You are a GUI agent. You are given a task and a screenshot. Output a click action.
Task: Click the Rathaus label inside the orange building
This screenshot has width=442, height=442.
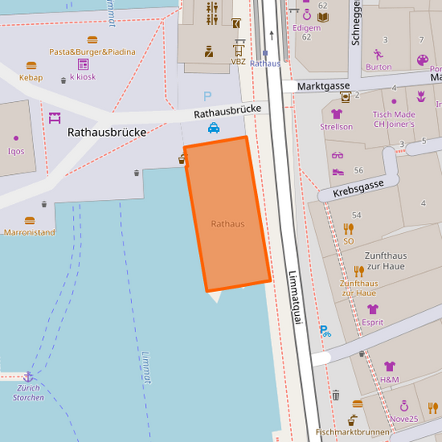(x=227, y=224)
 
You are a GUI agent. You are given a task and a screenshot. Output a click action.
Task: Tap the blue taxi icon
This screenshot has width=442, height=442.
(x=214, y=128)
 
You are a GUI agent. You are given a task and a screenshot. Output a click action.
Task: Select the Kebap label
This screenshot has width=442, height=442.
(x=31, y=78)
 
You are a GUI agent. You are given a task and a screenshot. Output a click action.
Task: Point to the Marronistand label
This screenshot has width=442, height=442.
(x=29, y=232)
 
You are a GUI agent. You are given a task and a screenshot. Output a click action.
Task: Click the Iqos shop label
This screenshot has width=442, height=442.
(x=16, y=151)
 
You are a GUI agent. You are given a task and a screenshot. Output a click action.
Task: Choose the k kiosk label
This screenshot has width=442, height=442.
(x=83, y=76)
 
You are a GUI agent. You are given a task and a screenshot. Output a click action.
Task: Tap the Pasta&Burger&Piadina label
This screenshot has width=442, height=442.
(x=92, y=51)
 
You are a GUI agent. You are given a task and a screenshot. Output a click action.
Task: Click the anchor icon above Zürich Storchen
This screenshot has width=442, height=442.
(x=28, y=376)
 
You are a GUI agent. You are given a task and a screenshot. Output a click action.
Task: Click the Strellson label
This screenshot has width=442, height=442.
(x=336, y=127)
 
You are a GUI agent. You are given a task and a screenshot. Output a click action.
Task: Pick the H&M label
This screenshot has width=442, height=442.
(x=389, y=379)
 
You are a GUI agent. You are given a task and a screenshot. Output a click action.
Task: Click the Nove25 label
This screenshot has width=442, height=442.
(x=404, y=419)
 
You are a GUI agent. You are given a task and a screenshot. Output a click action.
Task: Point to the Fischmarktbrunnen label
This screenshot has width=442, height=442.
(x=352, y=432)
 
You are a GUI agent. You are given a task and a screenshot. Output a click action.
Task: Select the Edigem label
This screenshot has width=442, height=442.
(x=306, y=27)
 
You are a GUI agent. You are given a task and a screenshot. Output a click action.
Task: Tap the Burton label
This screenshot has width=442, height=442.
(x=378, y=67)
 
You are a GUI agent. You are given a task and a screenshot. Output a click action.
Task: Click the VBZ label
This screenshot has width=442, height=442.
(x=238, y=61)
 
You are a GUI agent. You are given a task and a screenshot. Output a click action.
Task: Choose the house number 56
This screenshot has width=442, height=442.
(x=359, y=170)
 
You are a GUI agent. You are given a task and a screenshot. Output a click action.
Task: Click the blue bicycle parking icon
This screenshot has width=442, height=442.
(x=325, y=331)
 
